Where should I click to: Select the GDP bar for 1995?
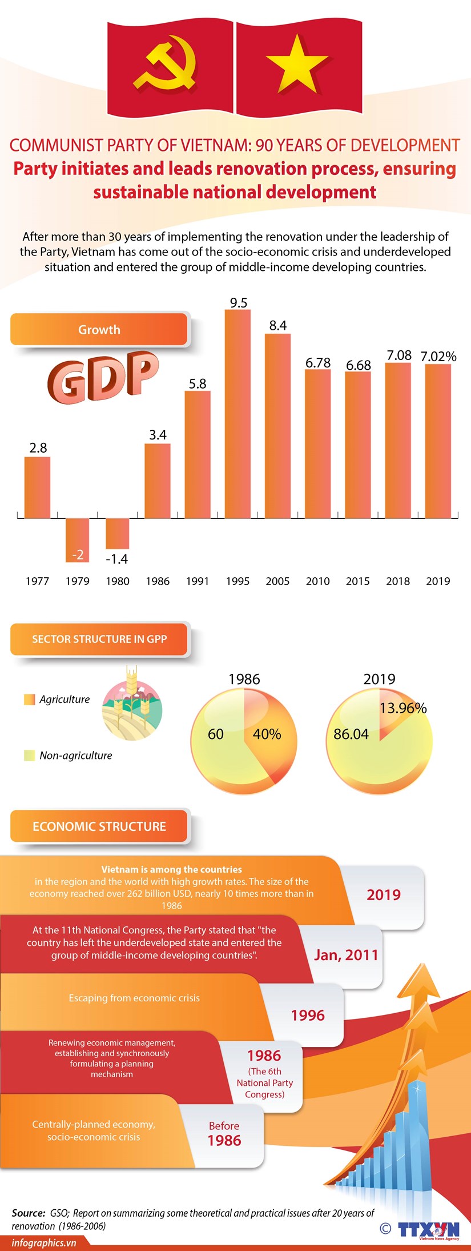click(x=237, y=414)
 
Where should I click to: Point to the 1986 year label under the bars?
click(x=158, y=581)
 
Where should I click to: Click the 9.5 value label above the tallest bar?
click(x=238, y=303)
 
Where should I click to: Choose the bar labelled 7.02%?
click(x=438, y=440)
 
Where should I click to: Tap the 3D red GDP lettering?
click(x=103, y=377)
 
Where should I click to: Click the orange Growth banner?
click(x=99, y=330)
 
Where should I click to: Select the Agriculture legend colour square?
click(x=30, y=700)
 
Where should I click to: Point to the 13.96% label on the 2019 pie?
click(x=402, y=708)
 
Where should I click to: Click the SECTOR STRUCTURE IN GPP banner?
click(x=99, y=639)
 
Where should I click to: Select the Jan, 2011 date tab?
click(x=346, y=955)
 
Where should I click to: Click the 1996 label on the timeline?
click(x=308, y=1015)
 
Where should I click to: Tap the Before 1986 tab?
click(x=224, y=1134)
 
